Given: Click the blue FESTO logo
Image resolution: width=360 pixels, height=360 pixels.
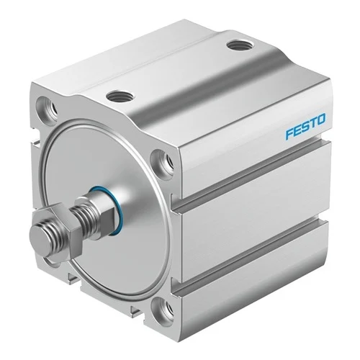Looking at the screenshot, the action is tap(305, 126).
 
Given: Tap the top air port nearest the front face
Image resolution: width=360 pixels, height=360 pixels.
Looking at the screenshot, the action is tap(120, 96).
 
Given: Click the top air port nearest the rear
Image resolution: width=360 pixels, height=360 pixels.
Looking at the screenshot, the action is tap(240, 45).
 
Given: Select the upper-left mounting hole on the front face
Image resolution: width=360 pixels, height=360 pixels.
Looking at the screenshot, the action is tap(47, 108).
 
